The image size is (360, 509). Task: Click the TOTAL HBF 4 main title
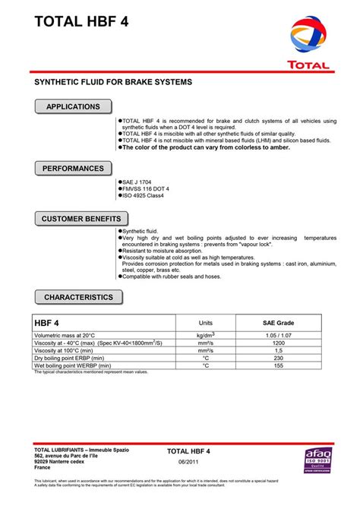tap(81, 22)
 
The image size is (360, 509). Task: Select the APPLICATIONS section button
tap(73, 107)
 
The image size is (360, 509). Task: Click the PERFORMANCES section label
tap(73, 168)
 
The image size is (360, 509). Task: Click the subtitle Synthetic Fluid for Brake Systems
tap(114, 81)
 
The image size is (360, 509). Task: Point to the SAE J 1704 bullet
tap(137, 182)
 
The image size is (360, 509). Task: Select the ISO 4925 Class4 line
tap(142, 194)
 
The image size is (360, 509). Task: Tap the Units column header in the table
tap(205, 322)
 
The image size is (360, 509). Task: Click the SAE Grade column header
tap(278, 322)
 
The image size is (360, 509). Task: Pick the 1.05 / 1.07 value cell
tap(278, 335)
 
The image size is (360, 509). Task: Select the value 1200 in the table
tap(278, 343)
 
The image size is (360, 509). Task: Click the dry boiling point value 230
tap(278, 359)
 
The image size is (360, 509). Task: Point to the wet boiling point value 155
tap(278, 366)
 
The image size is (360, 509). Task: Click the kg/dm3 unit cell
tap(205, 335)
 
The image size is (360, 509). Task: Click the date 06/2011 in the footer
tap(188, 463)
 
